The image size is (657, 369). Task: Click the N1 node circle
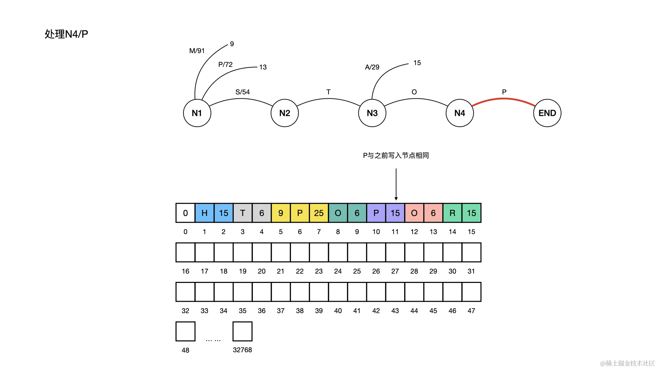(197, 113)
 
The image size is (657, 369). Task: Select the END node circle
(547, 113)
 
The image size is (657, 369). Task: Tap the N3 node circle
(372, 113)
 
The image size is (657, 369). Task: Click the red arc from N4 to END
(503, 99)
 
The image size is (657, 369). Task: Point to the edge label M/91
(197, 51)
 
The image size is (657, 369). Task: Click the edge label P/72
(225, 65)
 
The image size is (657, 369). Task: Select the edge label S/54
(242, 92)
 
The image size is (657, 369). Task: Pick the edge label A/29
(372, 67)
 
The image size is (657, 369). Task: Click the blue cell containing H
(204, 213)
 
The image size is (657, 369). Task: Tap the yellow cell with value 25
(319, 213)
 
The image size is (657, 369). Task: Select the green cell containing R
(452, 213)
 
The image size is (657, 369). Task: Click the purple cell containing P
(376, 213)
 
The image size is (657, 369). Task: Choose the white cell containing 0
(185, 213)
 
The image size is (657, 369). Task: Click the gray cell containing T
(242, 213)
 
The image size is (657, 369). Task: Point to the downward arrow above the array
(396, 184)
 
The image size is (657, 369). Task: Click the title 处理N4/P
(66, 34)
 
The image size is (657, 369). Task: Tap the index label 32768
(242, 350)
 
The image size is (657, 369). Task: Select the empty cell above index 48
(185, 331)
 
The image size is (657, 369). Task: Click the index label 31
(471, 271)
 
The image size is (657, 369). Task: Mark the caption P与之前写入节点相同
(396, 155)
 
